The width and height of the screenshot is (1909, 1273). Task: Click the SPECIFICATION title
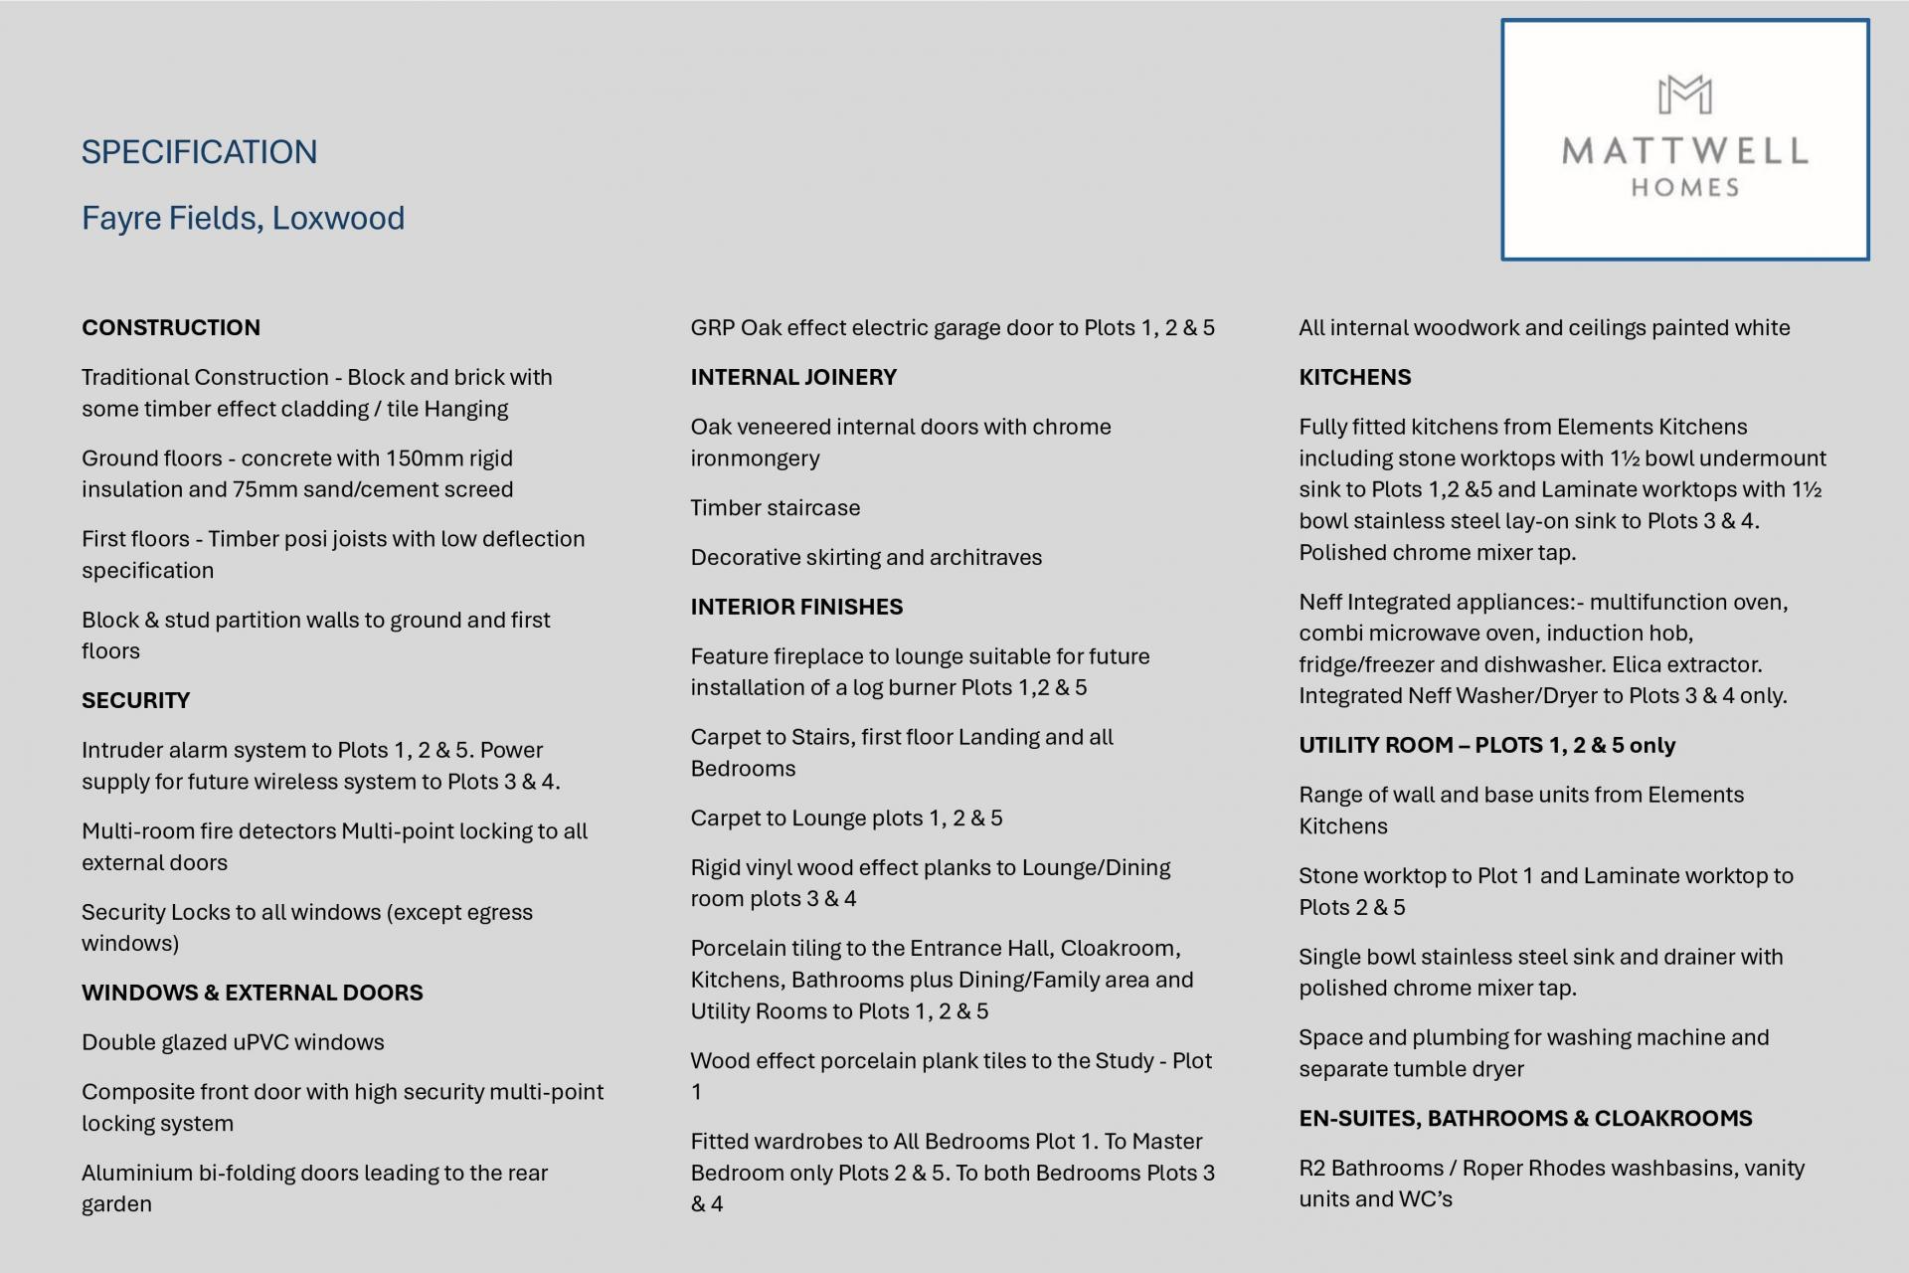tap(199, 152)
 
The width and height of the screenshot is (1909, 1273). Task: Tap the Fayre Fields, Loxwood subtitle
tap(243, 218)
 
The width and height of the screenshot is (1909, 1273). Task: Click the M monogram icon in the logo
tap(1684, 95)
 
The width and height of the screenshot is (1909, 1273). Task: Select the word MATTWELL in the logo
tap(1684, 151)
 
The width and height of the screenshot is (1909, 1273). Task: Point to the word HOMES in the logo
tap(1684, 187)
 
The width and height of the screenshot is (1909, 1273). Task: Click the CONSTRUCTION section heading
tap(171, 327)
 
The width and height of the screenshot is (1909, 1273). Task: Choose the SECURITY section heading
tap(135, 700)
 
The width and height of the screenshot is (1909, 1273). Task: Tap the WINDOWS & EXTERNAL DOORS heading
tap(252, 993)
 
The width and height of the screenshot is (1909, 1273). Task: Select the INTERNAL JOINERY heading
tap(793, 377)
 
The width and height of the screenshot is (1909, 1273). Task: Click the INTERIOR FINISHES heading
tap(796, 607)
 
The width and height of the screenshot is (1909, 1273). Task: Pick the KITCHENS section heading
tap(1354, 377)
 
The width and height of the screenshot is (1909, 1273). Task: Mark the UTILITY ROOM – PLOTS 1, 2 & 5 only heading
tap(1486, 745)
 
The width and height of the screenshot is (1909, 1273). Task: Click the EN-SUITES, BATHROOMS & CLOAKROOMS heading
tap(1525, 1118)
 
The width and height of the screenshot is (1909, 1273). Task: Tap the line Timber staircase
tap(776, 508)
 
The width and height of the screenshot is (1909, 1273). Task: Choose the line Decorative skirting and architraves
tap(866, 557)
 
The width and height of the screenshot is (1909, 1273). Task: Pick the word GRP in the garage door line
tap(712, 328)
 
